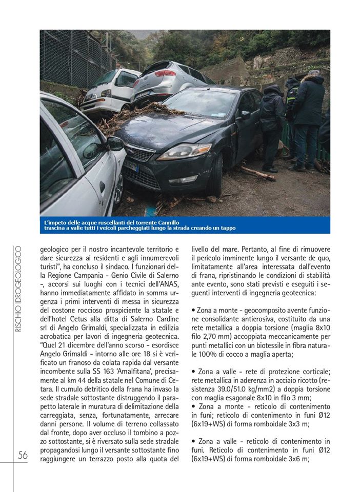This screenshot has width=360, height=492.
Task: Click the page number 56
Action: coord(23,455)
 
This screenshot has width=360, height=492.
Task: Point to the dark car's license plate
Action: coord(132,167)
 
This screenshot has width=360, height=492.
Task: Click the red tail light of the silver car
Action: coord(165,73)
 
